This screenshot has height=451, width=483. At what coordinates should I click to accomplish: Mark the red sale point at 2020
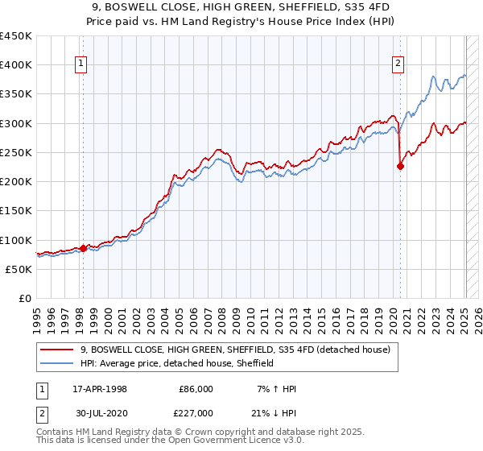click(x=400, y=167)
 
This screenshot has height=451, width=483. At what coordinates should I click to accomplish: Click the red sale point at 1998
click(x=83, y=249)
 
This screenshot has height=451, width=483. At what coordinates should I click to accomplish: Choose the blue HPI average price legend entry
click(x=177, y=363)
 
